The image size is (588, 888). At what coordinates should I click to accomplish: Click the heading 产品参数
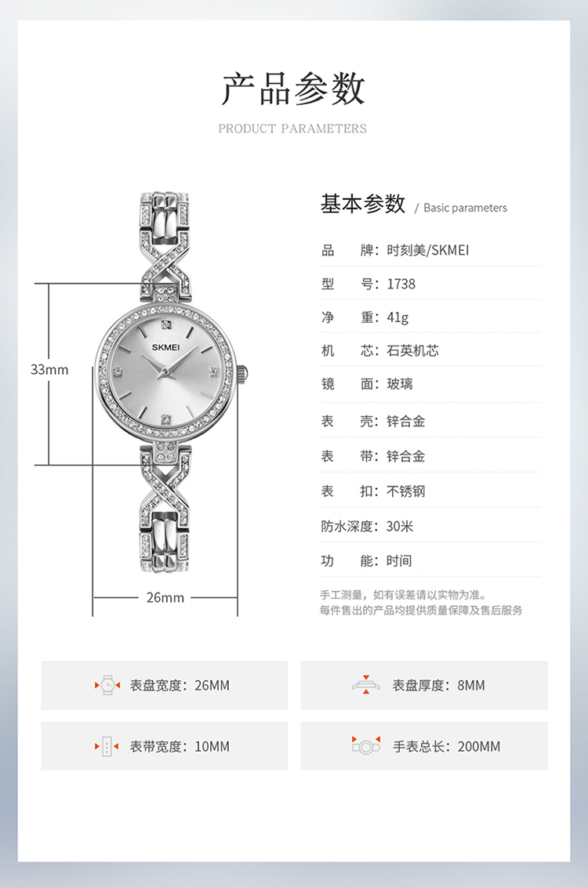tap(293, 88)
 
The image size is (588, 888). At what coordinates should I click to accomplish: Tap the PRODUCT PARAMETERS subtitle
tap(292, 129)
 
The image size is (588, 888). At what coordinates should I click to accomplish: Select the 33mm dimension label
tap(49, 369)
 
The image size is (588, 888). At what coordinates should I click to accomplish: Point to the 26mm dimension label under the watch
tap(165, 597)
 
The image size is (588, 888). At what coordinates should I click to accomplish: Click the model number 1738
tap(401, 284)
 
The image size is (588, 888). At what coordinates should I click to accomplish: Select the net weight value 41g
tap(397, 317)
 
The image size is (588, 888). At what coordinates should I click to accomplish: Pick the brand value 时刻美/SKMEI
tap(428, 251)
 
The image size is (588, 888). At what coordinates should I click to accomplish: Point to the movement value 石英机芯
tap(412, 350)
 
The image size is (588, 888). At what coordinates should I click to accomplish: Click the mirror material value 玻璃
tap(400, 384)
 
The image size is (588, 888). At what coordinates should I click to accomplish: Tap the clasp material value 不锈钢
tap(406, 491)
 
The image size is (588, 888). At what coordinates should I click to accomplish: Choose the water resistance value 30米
tap(400, 526)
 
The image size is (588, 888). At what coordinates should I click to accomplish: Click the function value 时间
tap(399, 560)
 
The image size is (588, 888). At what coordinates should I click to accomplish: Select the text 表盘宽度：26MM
tap(180, 685)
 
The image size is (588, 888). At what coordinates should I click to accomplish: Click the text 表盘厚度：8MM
tap(439, 685)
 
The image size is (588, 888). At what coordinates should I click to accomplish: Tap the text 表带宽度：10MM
tap(180, 746)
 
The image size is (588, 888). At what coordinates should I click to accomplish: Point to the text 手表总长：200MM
tap(446, 746)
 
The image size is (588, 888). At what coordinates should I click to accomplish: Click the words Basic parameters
tap(465, 208)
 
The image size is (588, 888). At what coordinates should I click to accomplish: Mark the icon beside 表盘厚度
tap(365, 684)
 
